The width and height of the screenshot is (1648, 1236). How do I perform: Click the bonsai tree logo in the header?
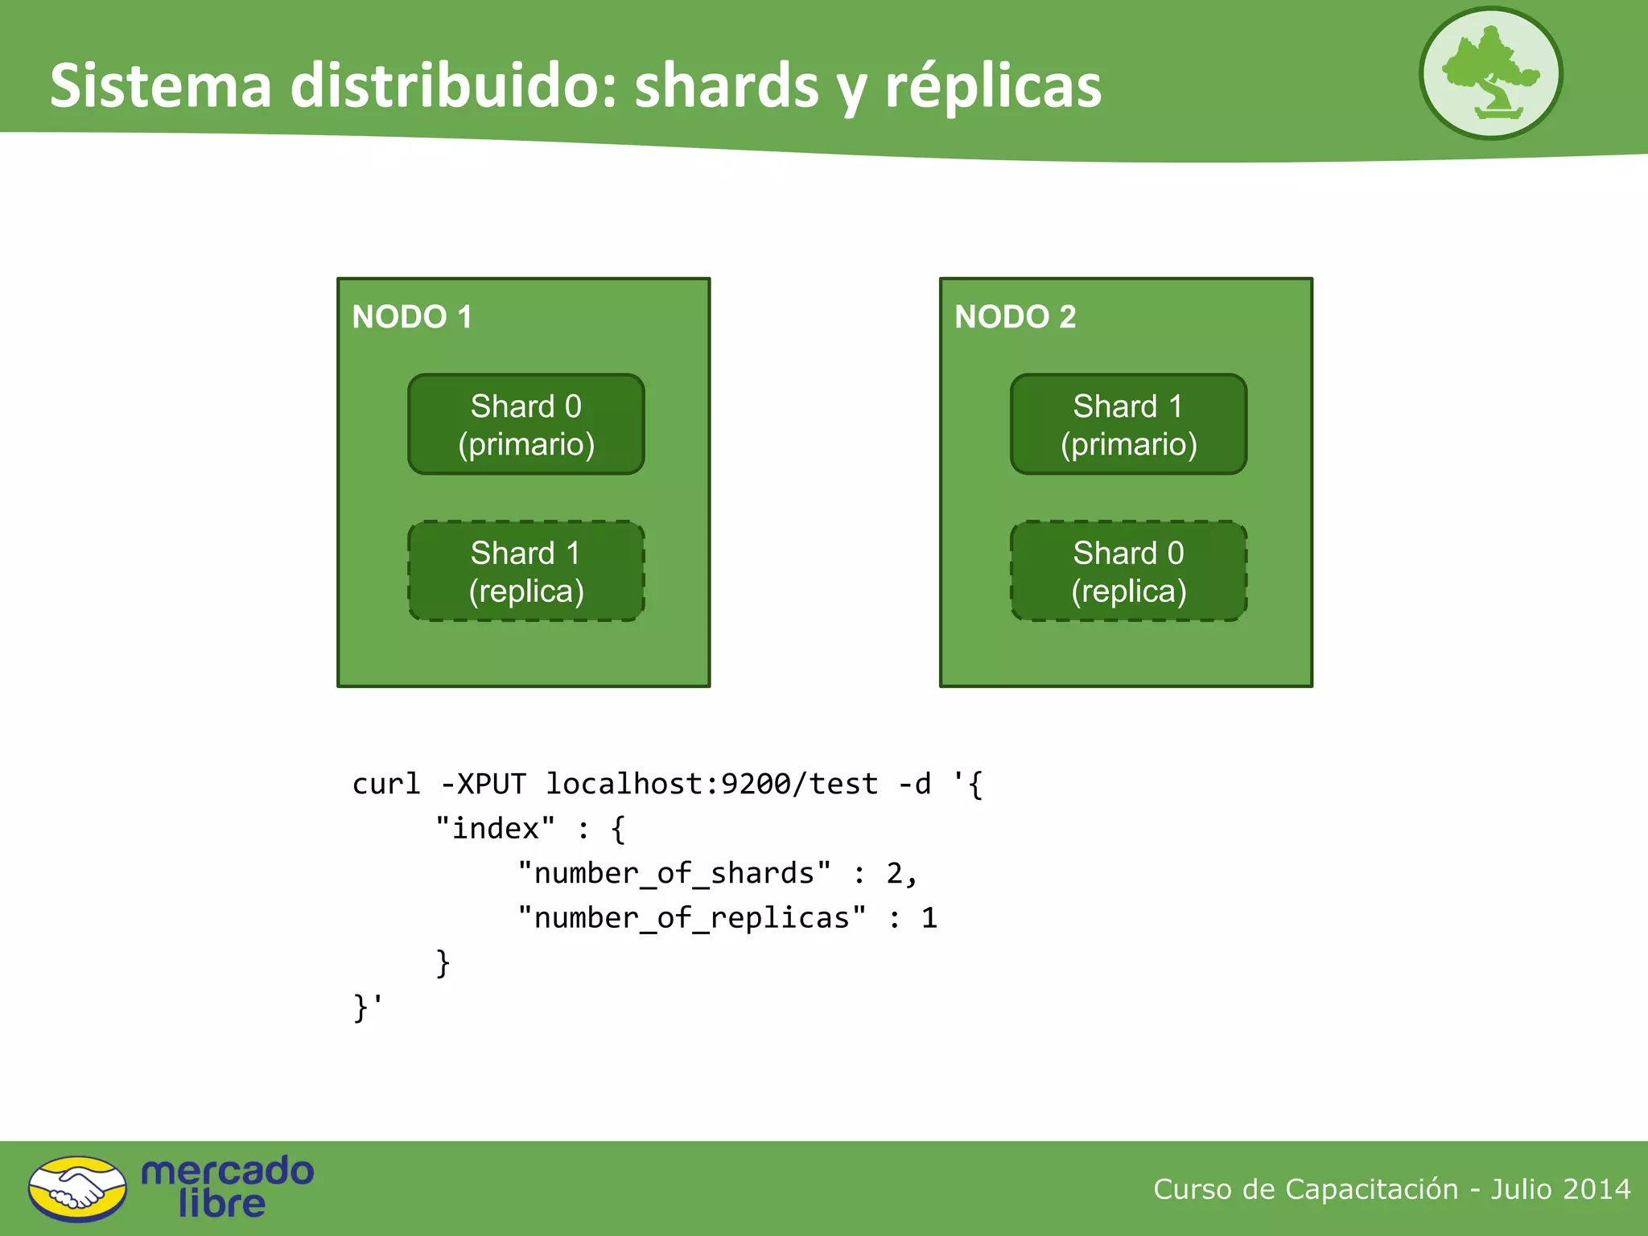tap(1490, 73)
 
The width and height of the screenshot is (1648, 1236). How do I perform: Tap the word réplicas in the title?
tap(993, 85)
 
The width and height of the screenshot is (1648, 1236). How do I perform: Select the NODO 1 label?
tap(412, 317)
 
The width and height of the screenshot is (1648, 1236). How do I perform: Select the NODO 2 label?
tap(1015, 317)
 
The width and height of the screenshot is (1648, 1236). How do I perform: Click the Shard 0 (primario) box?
tap(526, 424)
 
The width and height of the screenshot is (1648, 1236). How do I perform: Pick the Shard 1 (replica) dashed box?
tap(526, 571)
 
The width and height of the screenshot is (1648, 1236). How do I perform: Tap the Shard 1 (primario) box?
tap(1128, 424)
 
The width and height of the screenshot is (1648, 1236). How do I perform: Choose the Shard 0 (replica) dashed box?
tap(1128, 571)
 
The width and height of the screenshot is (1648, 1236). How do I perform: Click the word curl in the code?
tap(386, 784)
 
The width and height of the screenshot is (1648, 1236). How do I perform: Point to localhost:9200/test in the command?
tap(711, 784)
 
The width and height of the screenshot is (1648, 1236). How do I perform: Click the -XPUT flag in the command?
tap(483, 784)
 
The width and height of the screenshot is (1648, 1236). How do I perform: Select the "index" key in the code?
tap(495, 829)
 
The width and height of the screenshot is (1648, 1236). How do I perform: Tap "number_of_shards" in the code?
tap(674, 873)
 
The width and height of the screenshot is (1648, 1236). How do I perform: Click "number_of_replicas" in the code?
tap(692, 918)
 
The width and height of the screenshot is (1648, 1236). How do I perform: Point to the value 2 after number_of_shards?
tap(895, 873)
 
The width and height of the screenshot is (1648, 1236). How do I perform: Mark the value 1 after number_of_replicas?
tap(929, 918)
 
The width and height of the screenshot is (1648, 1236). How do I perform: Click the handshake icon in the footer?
tap(77, 1189)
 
